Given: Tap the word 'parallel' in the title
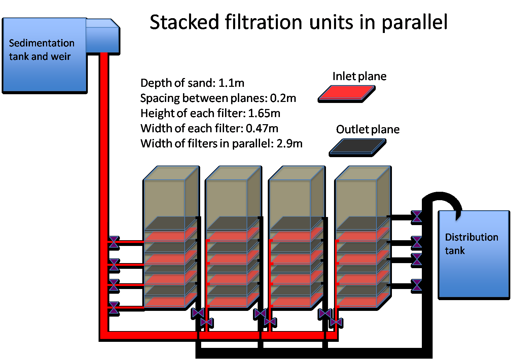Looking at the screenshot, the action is pyautogui.click(x=414, y=23).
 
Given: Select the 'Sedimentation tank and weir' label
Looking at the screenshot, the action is pyautogui.click(x=42, y=49).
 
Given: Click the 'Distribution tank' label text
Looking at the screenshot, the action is pyautogui.click(x=472, y=244).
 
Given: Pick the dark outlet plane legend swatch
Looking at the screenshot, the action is pyautogui.click(x=358, y=147).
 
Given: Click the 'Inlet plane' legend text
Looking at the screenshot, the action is pyautogui.click(x=359, y=76).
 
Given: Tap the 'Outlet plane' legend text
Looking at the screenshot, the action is pyautogui.click(x=368, y=130).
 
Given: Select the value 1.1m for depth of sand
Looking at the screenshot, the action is pyautogui.click(x=231, y=83).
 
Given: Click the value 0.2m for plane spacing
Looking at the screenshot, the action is pyautogui.click(x=283, y=98).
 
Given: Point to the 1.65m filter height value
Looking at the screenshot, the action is pyautogui.click(x=264, y=113).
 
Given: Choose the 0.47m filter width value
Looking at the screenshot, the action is pyautogui.click(x=262, y=128).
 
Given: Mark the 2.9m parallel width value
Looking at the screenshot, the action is pyautogui.click(x=289, y=144).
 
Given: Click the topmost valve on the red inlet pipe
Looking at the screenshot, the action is pyautogui.click(x=114, y=242).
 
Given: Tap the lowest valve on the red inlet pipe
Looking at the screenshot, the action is pyautogui.click(x=114, y=308).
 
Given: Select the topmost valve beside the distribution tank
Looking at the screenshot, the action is pyautogui.click(x=416, y=216).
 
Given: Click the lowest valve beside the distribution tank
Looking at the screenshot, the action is pyautogui.click(x=416, y=285).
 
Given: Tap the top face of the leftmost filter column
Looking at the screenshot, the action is pyautogui.click(x=171, y=173).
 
